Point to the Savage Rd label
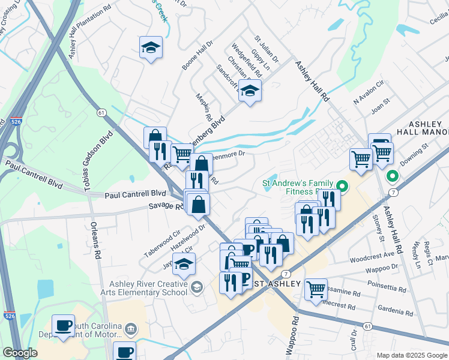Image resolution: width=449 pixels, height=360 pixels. (x=165, y=206)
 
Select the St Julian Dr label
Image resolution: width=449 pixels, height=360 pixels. (x=266, y=49)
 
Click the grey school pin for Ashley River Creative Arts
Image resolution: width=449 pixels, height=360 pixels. (x=196, y=289)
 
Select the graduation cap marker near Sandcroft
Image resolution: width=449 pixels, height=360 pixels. (x=250, y=91)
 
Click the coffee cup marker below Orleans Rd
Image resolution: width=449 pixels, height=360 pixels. (x=63, y=326)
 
